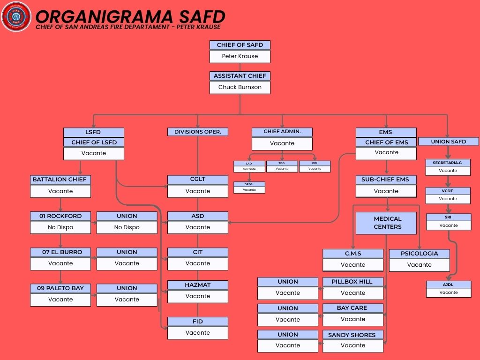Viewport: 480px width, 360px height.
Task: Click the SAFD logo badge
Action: click(16, 16)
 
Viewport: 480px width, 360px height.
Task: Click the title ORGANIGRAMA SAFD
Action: click(130, 16)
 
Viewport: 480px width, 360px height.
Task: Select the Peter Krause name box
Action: click(240, 56)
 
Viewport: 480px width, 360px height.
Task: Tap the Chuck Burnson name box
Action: click(240, 87)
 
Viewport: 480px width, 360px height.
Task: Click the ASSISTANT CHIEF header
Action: click(240, 76)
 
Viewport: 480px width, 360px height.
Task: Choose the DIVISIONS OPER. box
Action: click(198, 132)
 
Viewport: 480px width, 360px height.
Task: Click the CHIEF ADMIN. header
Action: click(282, 132)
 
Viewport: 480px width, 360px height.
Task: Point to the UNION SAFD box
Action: click(449, 142)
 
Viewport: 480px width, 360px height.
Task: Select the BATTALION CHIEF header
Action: click(60, 180)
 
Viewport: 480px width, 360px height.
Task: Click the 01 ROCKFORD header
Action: click(60, 216)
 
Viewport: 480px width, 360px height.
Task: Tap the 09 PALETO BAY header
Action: click(60, 288)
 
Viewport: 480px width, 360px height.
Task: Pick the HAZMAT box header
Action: click(198, 285)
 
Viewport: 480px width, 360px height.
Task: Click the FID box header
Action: click(198, 322)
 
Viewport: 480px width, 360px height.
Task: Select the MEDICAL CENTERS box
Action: click(386, 223)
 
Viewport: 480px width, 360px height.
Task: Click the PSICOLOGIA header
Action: click(420, 254)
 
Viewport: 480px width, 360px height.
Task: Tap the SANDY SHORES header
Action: click(352, 335)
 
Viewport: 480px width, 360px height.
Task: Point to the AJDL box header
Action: click(449, 285)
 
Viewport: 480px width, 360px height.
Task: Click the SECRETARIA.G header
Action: click(448, 163)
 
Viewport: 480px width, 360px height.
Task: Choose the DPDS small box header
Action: click(249, 184)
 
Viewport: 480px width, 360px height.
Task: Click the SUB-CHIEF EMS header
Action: click(386, 180)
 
